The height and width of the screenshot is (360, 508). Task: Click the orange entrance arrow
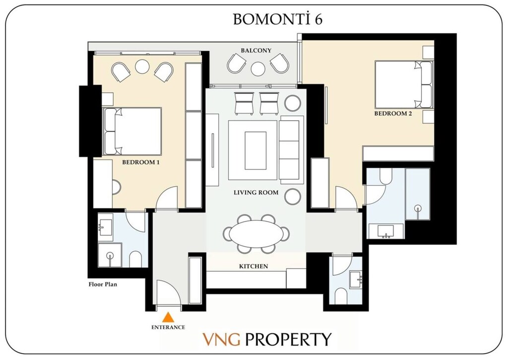pos(169,317)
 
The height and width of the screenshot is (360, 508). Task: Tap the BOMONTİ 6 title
pos(278,19)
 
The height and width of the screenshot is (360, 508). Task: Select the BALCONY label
pos(256,51)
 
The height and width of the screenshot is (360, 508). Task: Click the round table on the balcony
pos(257,69)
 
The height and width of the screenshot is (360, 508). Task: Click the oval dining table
pos(256,233)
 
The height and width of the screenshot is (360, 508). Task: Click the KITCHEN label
pos(254,267)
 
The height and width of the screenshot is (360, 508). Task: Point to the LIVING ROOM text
pos(256,193)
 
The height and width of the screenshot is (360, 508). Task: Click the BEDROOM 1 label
pos(141,162)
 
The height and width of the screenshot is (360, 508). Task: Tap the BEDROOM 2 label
pos(393,114)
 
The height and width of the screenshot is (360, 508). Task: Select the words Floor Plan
pos(102,285)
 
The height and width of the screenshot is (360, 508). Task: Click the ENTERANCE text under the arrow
pos(168,327)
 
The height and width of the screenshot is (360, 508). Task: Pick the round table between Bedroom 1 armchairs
pos(142,67)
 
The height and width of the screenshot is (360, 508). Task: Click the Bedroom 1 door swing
pos(167,198)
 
